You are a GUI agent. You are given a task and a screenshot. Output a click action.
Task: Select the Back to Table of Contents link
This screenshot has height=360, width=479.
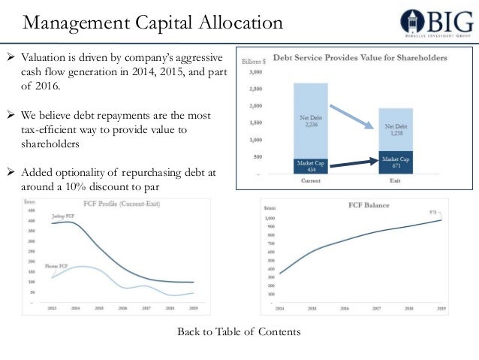point(239,331)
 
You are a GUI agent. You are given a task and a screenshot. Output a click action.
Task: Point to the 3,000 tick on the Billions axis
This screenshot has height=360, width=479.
point(255,73)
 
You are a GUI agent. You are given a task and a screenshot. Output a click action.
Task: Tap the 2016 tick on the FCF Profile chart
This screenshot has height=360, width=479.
point(122,308)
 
